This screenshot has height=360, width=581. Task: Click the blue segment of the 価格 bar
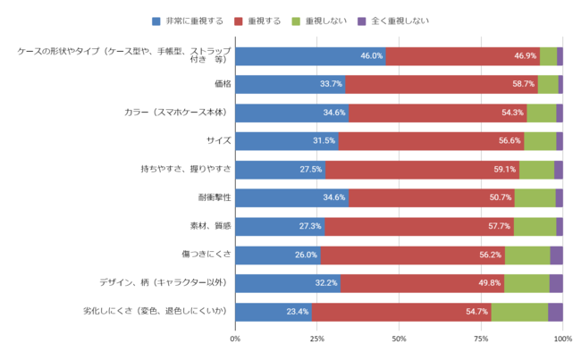(x=290, y=84)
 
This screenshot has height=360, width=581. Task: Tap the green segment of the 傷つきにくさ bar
(x=526, y=255)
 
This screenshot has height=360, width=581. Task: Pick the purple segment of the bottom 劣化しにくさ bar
(x=555, y=312)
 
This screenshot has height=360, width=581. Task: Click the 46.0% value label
(x=372, y=55)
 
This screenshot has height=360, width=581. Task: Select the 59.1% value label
(x=505, y=170)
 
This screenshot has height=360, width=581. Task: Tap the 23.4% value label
(x=298, y=312)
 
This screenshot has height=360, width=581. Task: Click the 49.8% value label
(x=489, y=283)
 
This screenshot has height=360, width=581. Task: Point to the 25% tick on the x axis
(x=317, y=339)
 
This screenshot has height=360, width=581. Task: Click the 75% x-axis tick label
(x=481, y=339)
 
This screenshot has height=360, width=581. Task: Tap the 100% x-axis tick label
(x=562, y=339)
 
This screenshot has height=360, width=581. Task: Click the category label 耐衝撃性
(x=214, y=197)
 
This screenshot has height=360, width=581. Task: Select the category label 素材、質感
(x=210, y=226)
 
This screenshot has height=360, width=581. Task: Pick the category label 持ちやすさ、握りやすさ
(x=186, y=169)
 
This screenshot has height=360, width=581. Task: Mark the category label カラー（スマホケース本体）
(x=177, y=113)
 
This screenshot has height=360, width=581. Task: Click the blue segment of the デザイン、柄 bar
(x=287, y=283)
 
